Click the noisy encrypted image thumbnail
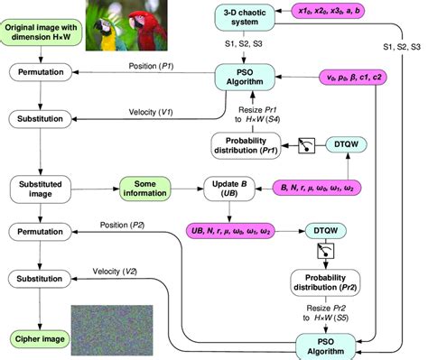[x=107, y=324]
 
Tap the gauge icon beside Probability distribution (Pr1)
[x=308, y=143]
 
